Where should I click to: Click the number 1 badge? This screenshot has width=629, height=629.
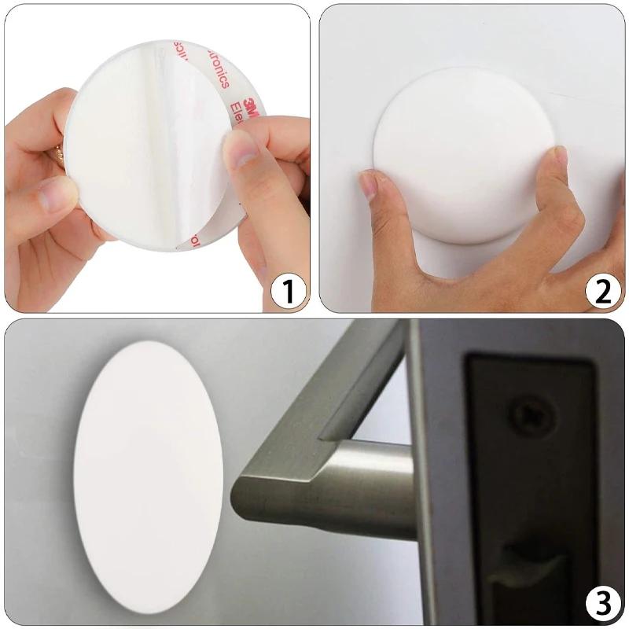pos(288,292)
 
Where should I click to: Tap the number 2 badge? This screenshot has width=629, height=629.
pos(602,291)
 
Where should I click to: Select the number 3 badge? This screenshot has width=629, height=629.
pos(602,604)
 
